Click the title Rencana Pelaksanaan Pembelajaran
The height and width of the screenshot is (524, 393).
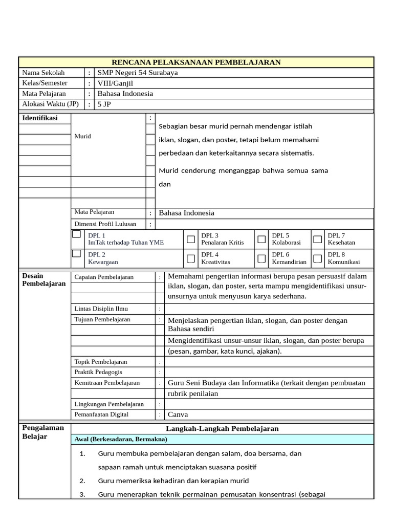pyautogui.click(x=196, y=62)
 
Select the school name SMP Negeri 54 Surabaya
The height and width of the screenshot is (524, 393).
pyautogui.click(x=138, y=73)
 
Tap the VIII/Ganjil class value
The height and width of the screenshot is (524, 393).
pyautogui.click(x=115, y=83)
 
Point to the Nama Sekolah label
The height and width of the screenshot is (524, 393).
pyautogui.click(x=43, y=73)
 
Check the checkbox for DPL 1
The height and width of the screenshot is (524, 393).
pyautogui.click(x=76, y=234)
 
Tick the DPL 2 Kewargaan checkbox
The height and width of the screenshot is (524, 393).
pyautogui.click(x=76, y=253)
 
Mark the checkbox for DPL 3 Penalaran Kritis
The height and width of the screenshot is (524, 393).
pyautogui.click(x=191, y=239)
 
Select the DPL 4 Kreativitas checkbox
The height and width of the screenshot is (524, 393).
pyautogui.click(x=191, y=258)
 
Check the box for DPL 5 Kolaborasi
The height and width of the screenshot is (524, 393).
pyautogui.click(x=261, y=239)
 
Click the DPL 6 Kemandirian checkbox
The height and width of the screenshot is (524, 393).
pyautogui.click(x=261, y=258)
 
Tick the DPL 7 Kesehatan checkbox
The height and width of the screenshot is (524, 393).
pyautogui.click(x=318, y=239)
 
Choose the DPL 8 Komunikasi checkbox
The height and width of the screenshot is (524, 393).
pyautogui.click(x=318, y=258)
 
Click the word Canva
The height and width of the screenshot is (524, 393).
pyautogui.click(x=178, y=414)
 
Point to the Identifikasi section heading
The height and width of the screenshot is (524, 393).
pyautogui.click(x=40, y=118)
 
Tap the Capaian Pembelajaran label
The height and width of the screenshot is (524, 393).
pyautogui.click(x=104, y=277)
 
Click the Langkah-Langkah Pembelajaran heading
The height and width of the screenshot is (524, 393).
pyautogui.click(x=222, y=428)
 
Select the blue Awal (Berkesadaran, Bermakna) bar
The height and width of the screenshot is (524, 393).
pyautogui.click(x=222, y=439)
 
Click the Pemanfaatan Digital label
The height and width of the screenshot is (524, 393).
pyautogui.click(x=101, y=414)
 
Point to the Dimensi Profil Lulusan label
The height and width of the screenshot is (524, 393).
pyautogui.click(x=105, y=224)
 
